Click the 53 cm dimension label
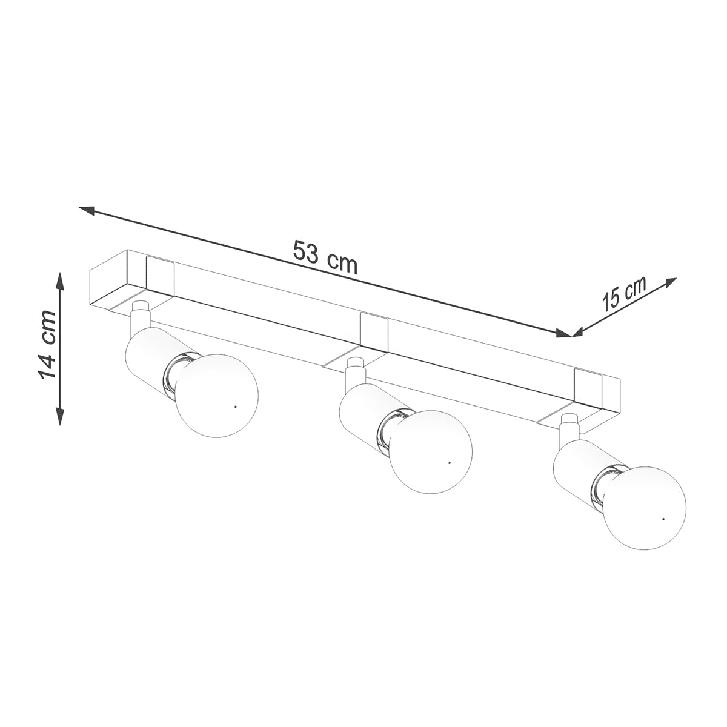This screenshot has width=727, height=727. [x=325, y=257]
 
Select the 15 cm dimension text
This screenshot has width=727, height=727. [x=624, y=295]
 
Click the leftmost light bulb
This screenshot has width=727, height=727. [x=215, y=396]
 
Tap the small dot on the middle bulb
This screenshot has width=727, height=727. [x=450, y=462]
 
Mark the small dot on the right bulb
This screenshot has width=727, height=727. [x=663, y=520]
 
